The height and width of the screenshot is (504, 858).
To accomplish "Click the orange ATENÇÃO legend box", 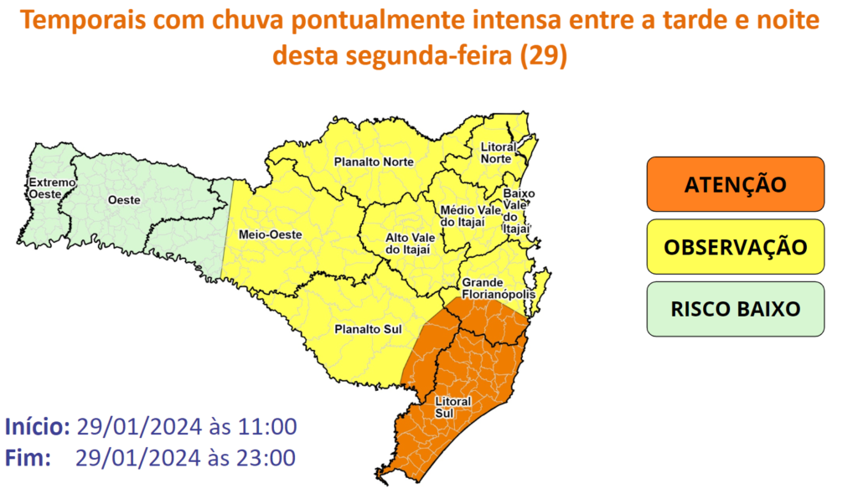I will point(735,184).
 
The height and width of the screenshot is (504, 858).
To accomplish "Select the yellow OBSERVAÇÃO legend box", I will point(735,247).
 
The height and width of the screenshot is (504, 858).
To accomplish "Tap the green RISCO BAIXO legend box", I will point(735,309).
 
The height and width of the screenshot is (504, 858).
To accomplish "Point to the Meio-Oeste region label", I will point(264,234).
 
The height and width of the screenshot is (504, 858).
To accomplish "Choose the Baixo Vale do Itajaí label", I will point(518,210).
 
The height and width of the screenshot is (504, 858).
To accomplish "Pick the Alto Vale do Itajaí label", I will point(407,243).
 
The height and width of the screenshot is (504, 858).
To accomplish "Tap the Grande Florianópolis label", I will point(495,289).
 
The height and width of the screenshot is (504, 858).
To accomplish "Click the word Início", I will point(37,426).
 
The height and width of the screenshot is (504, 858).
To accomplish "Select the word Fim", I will point(28,458).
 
